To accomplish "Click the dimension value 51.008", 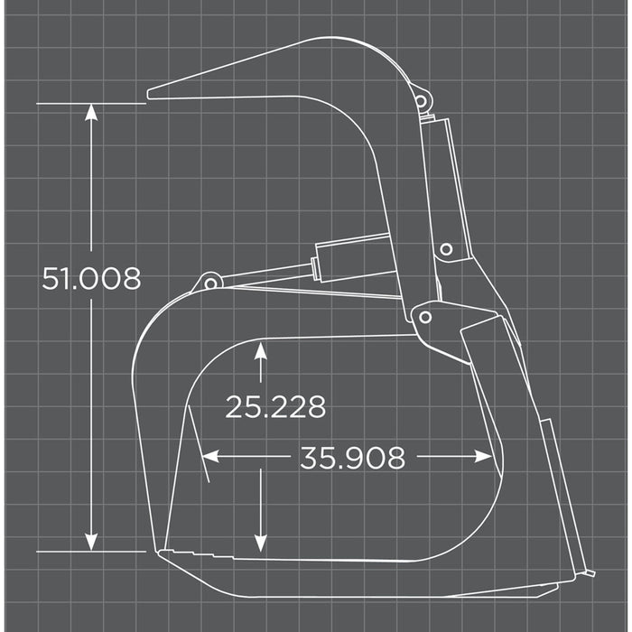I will (91, 279).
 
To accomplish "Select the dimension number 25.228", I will (275, 407).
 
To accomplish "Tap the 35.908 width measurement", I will (352, 458).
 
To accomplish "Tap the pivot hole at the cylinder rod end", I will (211, 283).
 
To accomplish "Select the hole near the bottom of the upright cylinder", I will (445, 249).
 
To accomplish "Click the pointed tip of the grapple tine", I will (151, 92).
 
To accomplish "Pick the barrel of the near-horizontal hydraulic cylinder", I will (352, 255).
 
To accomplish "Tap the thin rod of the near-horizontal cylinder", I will (262, 273).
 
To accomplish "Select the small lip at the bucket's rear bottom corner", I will (585, 573).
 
